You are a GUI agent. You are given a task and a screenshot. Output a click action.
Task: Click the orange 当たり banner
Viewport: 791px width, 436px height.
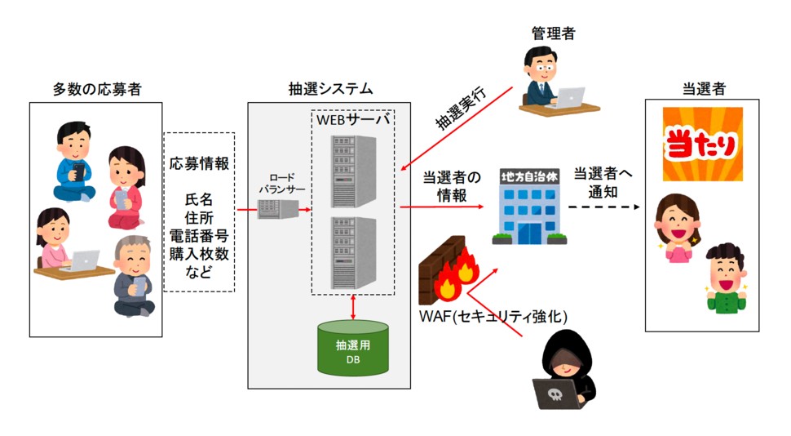[x=702, y=145]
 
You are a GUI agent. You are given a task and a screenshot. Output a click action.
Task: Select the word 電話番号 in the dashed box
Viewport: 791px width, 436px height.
[x=200, y=237]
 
